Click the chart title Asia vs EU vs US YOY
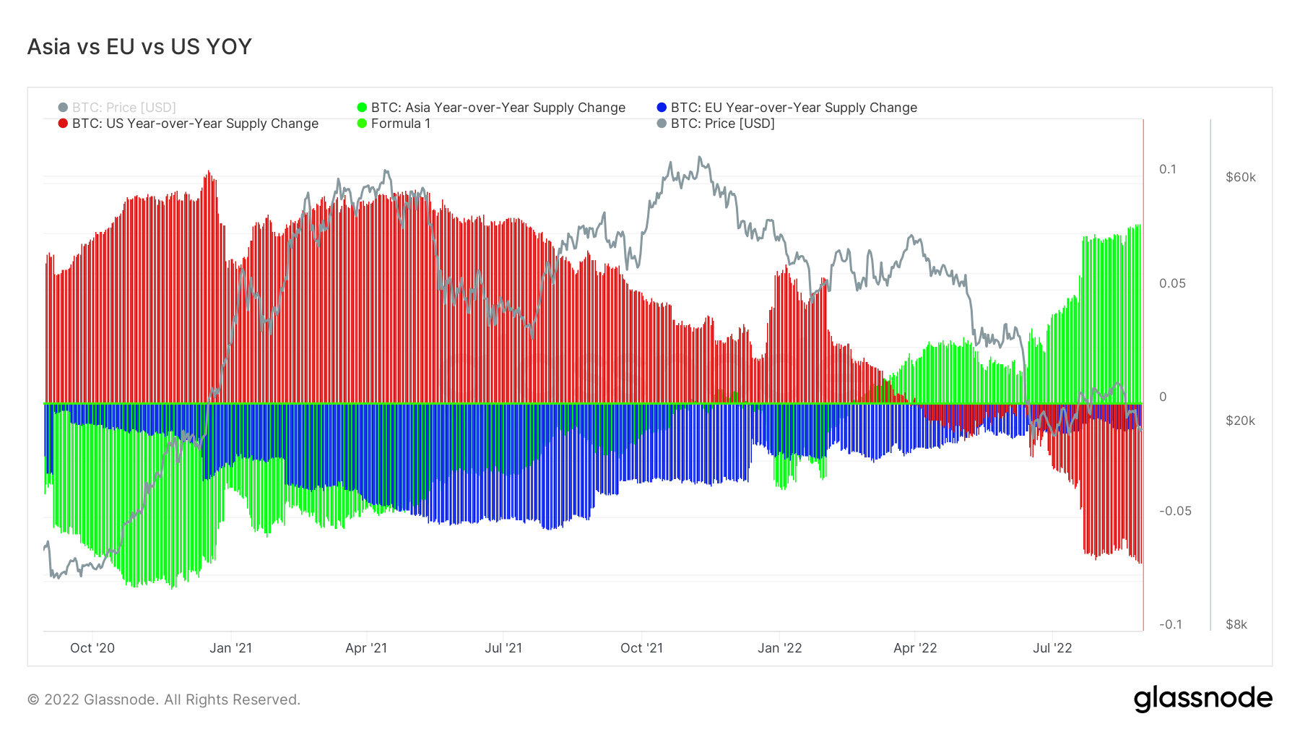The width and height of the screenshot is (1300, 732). pos(139,47)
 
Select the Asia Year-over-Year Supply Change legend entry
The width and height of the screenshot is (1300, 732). pos(492,108)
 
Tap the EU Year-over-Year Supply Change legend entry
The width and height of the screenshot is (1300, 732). pos(787,108)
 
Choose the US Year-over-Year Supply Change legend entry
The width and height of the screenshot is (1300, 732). pos(188,124)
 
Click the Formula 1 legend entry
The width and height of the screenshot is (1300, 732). pos(394,124)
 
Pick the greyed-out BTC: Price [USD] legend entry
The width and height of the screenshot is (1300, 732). pos(118,108)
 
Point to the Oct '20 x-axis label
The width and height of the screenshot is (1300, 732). pos(92,648)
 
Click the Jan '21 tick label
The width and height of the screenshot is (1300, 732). pos(231,648)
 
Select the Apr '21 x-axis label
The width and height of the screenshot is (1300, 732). pos(366,648)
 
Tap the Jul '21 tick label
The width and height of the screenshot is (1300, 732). pos(503,648)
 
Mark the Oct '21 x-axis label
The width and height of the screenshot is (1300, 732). pos(641,648)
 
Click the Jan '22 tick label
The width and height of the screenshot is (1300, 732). pos(780,648)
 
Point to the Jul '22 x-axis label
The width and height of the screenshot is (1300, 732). pos(1053,648)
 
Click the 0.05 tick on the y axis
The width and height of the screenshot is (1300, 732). pos(1172,283)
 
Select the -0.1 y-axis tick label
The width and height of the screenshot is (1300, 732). pos(1171,624)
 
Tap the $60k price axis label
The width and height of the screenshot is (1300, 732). pos(1241,178)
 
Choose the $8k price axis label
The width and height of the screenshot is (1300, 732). pos(1236,624)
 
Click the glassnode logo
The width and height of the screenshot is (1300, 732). pos(1203,699)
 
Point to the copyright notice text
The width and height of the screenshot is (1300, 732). pos(164,699)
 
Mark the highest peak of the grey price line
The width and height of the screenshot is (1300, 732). pos(699,157)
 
